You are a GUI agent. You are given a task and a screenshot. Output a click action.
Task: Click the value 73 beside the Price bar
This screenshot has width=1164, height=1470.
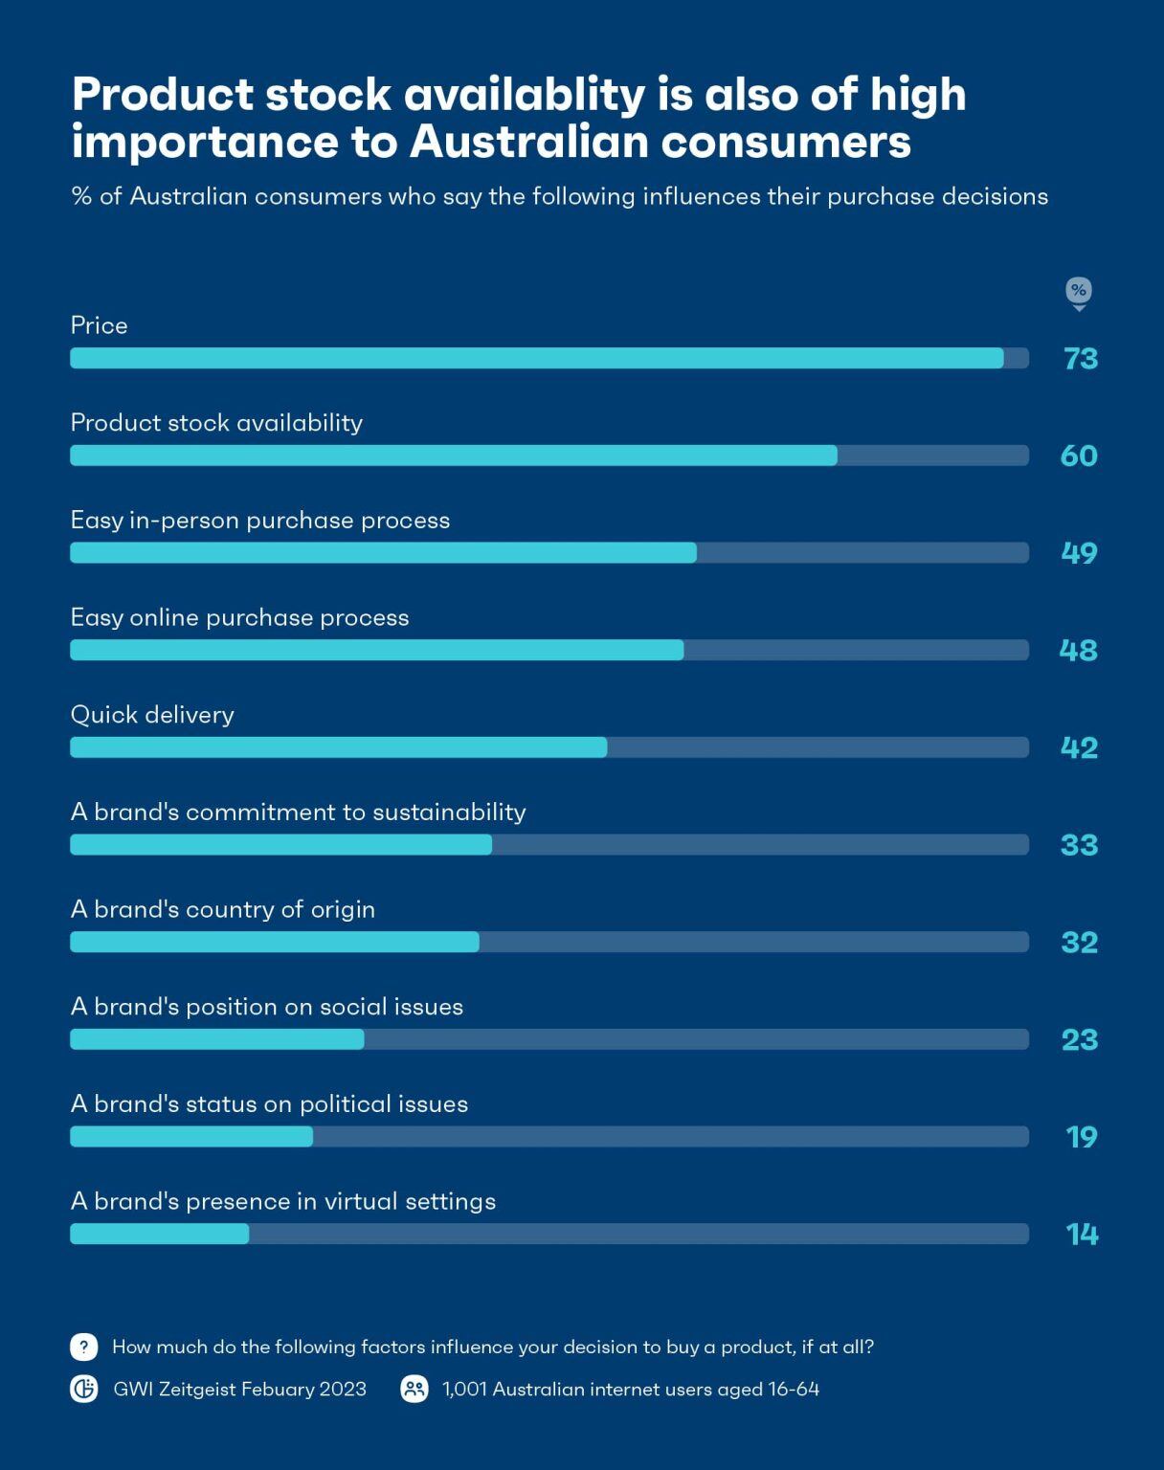[1081, 359]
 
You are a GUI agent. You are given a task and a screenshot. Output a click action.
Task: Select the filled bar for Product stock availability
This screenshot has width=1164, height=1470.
[454, 456]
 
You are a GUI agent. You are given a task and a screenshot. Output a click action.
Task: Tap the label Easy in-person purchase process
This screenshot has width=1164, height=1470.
[260, 521]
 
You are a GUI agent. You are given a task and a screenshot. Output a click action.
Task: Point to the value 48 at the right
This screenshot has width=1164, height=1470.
[1078, 651]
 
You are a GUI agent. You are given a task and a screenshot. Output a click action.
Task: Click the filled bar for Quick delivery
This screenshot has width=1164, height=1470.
[338, 747]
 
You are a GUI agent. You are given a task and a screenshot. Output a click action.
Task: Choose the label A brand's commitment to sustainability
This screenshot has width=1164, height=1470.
[299, 813]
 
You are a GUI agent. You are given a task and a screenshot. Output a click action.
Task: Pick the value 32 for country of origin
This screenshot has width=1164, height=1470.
[1079, 943]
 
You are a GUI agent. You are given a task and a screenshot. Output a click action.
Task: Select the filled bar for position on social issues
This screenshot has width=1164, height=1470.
[217, 1039]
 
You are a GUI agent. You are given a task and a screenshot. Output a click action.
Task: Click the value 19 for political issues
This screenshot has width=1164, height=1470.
[1081, 1137]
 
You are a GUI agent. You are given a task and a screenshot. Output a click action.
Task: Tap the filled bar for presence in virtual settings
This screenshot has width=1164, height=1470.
[160, 1234]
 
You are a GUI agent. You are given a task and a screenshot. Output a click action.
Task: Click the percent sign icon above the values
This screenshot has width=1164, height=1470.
[1079, 291]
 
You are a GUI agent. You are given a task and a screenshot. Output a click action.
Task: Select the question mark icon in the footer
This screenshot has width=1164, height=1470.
[84, 1347]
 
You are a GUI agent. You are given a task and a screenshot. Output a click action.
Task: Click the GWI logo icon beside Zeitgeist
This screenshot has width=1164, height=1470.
[84, 1389]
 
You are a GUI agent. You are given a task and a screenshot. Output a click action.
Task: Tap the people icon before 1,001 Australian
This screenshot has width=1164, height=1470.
[414, 1389]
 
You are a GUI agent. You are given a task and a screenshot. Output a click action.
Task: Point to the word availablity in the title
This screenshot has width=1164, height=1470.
[524, 96]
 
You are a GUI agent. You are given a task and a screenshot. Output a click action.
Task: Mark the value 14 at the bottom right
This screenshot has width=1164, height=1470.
[1082, 1235]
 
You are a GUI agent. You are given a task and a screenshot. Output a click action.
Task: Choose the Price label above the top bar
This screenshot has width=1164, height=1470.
[100, 326]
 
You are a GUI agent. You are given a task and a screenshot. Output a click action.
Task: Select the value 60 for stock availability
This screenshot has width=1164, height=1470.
[1079, 457]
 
